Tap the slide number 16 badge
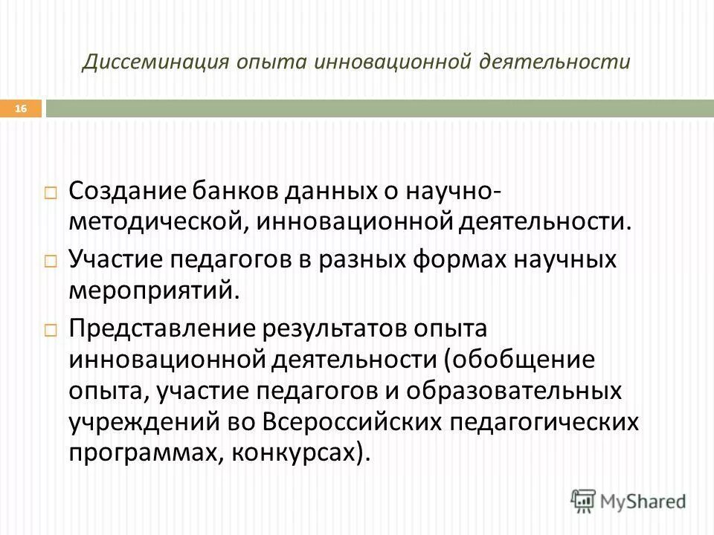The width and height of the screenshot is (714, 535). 21,109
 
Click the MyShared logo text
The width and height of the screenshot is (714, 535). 644,502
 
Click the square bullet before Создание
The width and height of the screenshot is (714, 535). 51,192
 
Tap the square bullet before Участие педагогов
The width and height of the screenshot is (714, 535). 51,262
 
